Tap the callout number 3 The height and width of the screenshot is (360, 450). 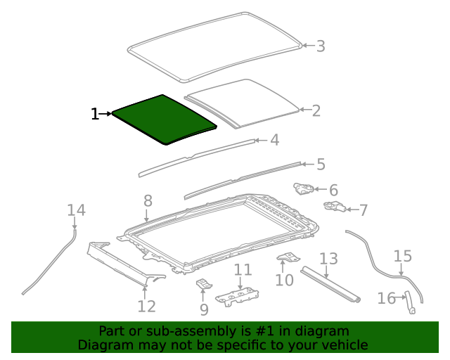pyautogui.click(x=320, y=46)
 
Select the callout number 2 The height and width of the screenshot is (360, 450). pyautogui.click(x=316, y=110)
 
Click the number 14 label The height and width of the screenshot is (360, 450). pyautogui.click(x=76, y=210)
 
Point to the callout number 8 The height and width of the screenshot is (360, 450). pyautogui.click(x=148, y=201)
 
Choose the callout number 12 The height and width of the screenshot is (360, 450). pyautogui.click(x=146, y=306)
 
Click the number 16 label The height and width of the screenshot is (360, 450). pyautogui.click(x=386, y=299)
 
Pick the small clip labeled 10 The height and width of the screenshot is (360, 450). pyautogui.click(x=287, y=257)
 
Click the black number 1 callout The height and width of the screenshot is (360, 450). pyautogui.click(x=95, y=114)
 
